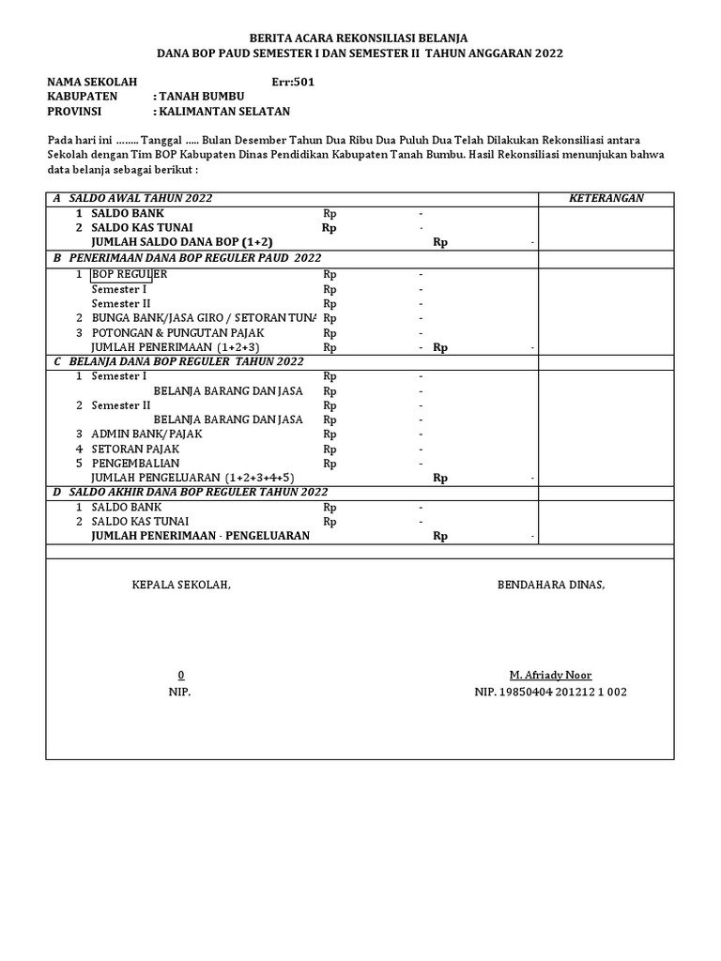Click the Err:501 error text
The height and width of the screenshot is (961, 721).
293,82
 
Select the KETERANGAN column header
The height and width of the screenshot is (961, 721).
606,198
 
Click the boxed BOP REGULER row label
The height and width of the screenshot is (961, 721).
129,274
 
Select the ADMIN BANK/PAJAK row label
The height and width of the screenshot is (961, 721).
146,434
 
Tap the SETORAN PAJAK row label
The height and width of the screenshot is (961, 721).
134,449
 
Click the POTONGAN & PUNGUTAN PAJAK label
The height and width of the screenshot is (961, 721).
177,332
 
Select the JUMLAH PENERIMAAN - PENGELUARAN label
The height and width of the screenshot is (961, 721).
200,536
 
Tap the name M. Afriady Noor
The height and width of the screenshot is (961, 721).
550,676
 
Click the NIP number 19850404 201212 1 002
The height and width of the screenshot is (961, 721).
550,692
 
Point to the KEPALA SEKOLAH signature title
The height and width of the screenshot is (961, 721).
180,585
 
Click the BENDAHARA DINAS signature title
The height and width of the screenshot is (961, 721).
551,585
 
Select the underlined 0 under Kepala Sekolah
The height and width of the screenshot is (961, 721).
181,676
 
